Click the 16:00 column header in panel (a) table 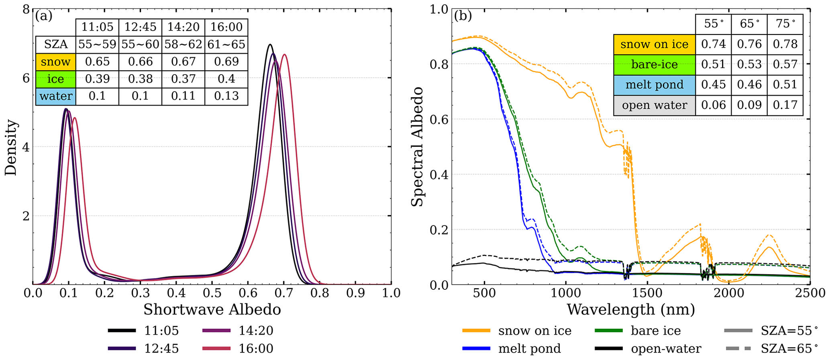tap(226, 27)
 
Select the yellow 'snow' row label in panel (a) tap(55, 62)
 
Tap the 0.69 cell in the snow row tap(226, 62)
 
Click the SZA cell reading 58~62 tap(183, 45)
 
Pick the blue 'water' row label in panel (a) tap(56, 96)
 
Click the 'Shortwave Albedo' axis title tap(212, 310)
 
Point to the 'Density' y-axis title tap(11, 147)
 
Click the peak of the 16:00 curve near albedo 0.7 tap(284, 55)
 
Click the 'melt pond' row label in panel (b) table tap(654, 85)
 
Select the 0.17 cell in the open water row tap(785, 105)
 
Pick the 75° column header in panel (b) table tap(785, 24)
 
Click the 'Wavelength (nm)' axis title tap(630, 310)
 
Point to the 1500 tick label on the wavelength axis tap(646, 293)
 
